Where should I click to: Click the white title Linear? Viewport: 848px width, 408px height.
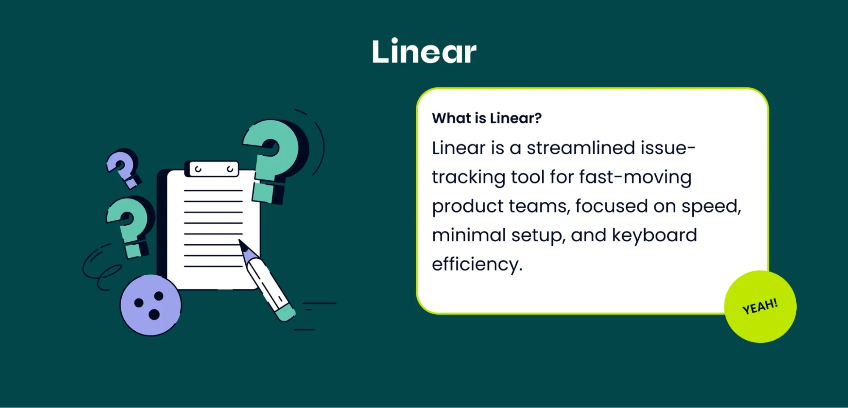(424, 52)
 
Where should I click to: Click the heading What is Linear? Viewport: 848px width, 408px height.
(487, 118)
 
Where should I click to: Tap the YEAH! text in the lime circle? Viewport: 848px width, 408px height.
(760, 306)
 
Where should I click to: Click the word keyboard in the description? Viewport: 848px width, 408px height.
(654, 235)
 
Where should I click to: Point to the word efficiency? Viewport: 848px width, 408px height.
(476, 265)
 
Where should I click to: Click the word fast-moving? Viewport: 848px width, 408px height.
(635, 177)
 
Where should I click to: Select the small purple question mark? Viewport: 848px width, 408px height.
(123, 167)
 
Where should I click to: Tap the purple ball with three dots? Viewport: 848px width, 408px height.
(151, 305)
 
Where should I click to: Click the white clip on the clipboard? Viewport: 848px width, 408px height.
(214, 169)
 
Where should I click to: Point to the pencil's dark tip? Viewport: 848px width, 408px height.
(243, 245)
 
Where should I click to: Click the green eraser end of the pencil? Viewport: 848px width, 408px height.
(285, 314)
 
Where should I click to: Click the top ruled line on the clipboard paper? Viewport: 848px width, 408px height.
(213, 190)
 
